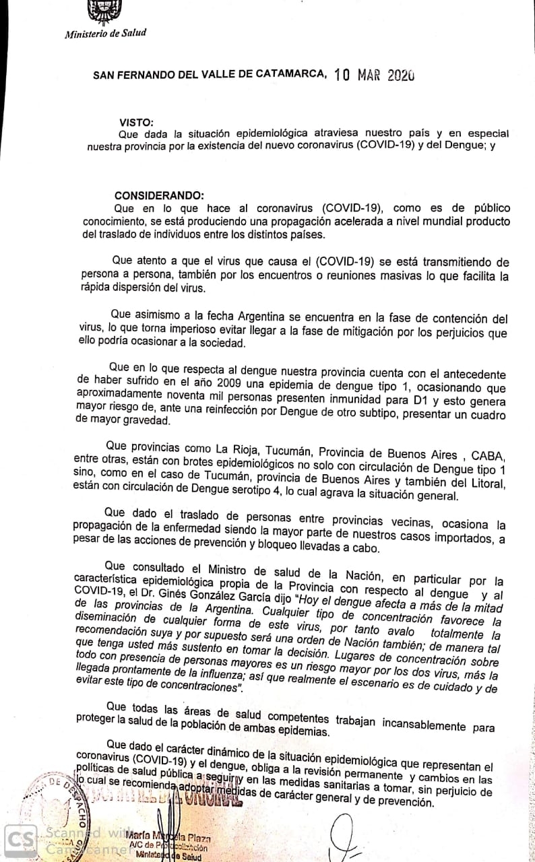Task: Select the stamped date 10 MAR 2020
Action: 374,75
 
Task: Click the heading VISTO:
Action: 136,122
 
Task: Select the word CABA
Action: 491,449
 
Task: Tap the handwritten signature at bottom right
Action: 350,836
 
